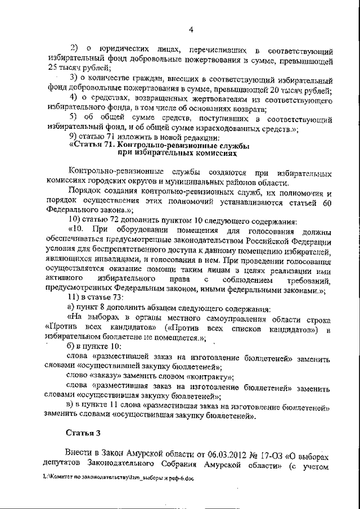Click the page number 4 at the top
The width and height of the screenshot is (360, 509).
pos(191,30)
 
